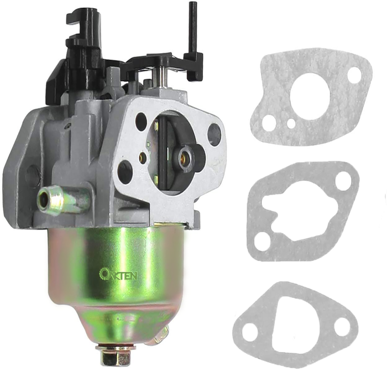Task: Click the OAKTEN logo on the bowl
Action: click(118, 274)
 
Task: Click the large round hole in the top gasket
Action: click(311, 97)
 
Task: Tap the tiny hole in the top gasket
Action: click(291, 123)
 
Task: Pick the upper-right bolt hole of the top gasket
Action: click(354, 74)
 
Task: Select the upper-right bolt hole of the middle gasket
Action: click(342, 181)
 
